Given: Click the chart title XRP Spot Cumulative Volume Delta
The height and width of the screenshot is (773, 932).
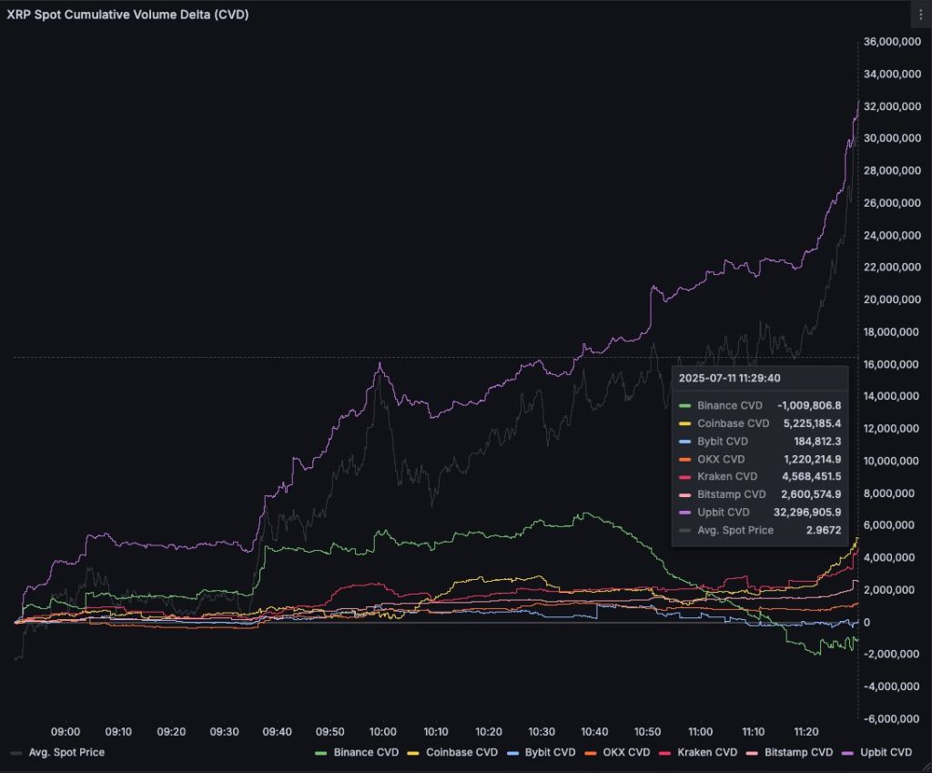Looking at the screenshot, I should pyautogui.click(x=128, y=15).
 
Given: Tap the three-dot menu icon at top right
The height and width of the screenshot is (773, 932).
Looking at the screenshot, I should pyautogui.click(x=919, y=14).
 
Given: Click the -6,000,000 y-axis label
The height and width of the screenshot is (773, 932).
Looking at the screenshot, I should pyautogui.click(x=891, y=718).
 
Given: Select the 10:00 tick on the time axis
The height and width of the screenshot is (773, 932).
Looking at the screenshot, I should pyautogui.click(x=382, y=731).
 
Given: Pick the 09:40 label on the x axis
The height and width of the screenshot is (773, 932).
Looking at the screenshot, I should pyautogui.click(x=277, y=731).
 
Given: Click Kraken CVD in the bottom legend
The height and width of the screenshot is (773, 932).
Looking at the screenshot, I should pyautogui.click(x=707, y=752).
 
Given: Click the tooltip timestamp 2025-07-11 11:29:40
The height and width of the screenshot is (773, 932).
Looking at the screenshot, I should pyautogui.click(x=729, y=377).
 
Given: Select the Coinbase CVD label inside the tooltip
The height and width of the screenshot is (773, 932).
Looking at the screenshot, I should pyautogui.click(x=733, y=423).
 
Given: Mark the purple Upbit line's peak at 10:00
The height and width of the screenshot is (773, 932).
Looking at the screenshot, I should pyautogui.click(x=380, y=363).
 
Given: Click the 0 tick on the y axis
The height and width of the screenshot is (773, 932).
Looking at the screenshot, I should pyautogui.click(x=867, y=622).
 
